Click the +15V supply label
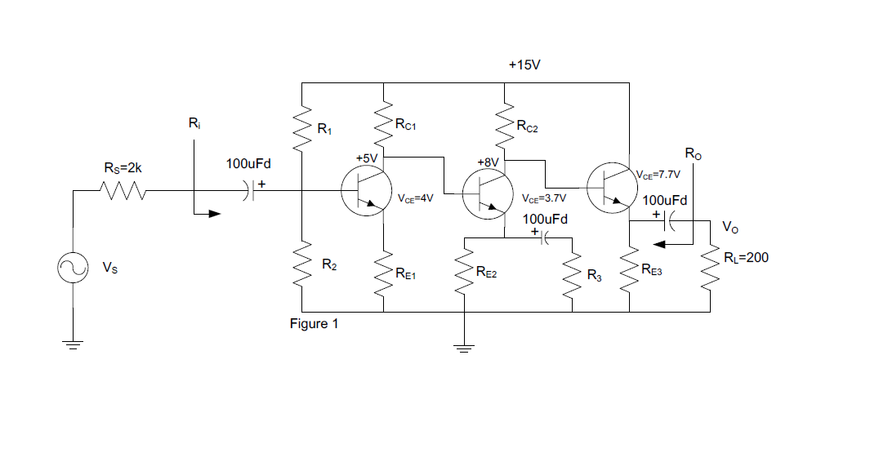coord(524,64)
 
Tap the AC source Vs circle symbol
coord(72,269)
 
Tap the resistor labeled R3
coord(571,274)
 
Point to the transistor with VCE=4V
coord(366,191)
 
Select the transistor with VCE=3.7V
coord(487,193)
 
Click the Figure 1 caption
coord(314,324)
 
